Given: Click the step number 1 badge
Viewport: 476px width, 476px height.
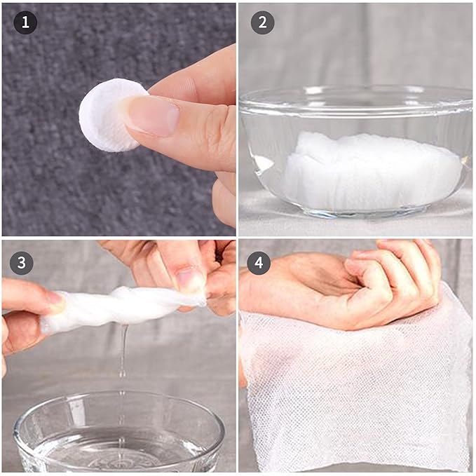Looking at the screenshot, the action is click(25, 22).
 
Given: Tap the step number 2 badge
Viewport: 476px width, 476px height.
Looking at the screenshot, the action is click(263, 22).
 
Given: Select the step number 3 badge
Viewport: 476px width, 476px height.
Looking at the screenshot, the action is click(22, 263).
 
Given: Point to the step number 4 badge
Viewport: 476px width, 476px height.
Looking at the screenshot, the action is click(259, 263).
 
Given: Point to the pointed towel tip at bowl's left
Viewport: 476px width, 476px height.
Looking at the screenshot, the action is click(261, 163).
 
